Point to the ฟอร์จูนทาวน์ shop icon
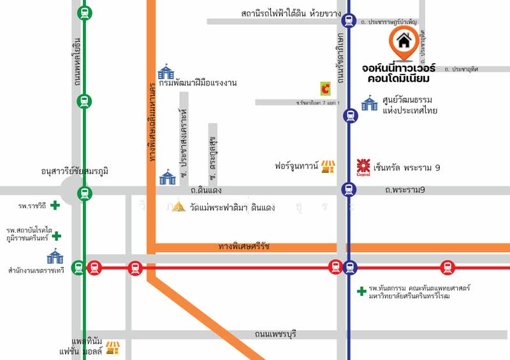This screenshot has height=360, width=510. click(x=328, y=167)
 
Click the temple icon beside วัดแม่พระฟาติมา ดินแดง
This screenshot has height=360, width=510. click(x=180, y=207)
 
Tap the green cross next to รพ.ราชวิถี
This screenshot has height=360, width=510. click(x=55, y=205)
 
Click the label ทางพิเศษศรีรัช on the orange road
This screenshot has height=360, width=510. click(x=244, y=246)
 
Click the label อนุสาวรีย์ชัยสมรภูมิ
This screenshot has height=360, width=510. click(x=75, y=171)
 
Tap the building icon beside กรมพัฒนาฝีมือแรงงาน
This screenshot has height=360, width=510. click(x=166, y=71)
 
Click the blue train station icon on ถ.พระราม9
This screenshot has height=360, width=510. click(x=349, y=189)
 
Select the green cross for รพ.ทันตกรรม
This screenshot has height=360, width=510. click(x=361, y=291)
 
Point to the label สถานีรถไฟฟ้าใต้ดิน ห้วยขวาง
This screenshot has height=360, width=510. click(x=288, y=13)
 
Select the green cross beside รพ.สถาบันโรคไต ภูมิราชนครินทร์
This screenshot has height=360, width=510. click(x=57, y=236)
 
